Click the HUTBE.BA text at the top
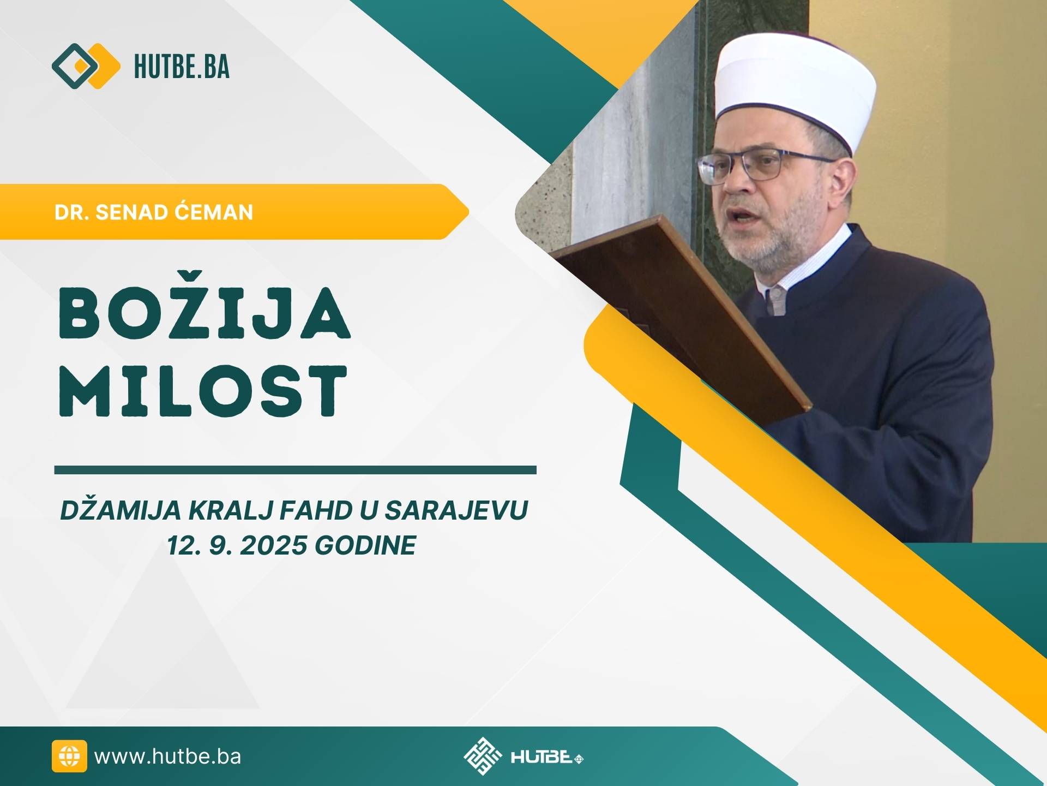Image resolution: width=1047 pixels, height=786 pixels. coord(182,67)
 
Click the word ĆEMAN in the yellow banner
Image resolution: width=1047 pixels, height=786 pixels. coord(214,212)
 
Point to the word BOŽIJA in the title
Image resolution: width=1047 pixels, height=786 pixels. coord(204,312)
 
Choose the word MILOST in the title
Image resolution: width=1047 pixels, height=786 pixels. coord(203,391)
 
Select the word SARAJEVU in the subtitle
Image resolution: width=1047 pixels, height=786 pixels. coord(456,511)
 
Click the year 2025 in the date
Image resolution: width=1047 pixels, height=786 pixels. coord(273,545)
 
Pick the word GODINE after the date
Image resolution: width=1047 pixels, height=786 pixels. coord(365,545)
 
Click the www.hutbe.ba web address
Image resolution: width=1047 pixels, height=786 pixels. coord(167,757)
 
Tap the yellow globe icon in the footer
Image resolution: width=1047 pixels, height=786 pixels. coord(69,757)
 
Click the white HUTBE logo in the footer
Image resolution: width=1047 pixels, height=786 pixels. coord(522,757)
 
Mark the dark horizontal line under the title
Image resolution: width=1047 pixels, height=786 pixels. coord(295,470)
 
